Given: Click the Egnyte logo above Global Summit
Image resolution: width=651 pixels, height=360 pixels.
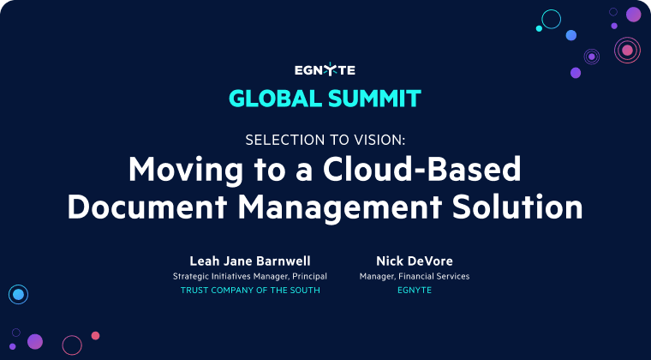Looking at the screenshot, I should [x=325, y=70].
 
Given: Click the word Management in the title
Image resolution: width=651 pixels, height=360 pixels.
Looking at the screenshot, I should [x=331, y=207].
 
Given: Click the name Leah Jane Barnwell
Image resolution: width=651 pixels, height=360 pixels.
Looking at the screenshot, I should [x=250, y=260].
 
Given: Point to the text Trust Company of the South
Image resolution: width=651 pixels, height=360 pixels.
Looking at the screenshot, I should [x=250, y=291].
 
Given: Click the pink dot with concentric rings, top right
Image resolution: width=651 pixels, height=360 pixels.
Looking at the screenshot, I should [x=627, y=51].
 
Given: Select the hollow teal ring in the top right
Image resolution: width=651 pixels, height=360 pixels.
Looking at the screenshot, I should [x=552, y=19].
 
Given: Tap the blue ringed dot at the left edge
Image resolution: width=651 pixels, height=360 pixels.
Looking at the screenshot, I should [x=17, y=295].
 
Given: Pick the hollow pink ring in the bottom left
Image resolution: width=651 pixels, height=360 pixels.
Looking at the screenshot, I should [x=72, y=345].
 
